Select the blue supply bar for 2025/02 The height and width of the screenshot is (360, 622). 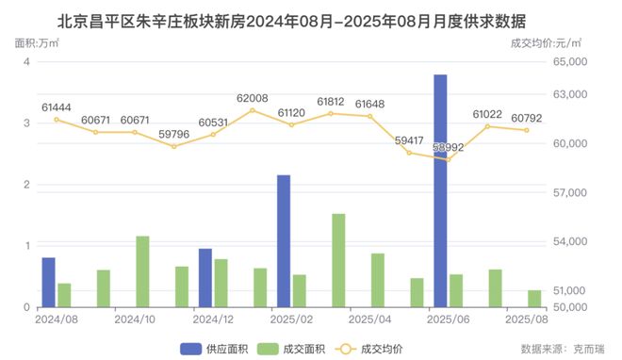click(284, 241)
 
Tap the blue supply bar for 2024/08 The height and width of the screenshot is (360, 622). click(48, 282)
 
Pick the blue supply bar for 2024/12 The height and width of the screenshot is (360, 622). click(205, 278)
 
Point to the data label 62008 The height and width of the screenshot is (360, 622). click(253, 98)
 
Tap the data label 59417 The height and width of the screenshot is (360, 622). click(409, 140)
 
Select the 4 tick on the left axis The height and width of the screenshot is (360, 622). click(26, 62)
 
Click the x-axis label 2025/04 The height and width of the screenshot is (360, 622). click(370, 319)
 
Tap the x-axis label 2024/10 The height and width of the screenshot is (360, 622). click(135, 319)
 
